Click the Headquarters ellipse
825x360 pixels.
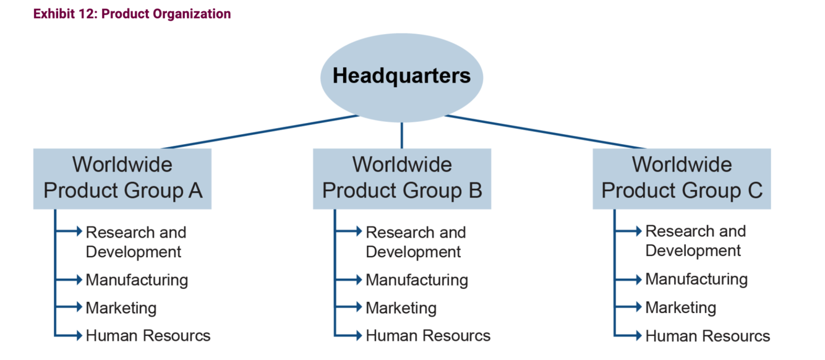[x=401, y=76]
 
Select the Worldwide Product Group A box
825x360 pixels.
[x=122, y=178]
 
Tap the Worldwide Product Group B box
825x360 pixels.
[x=402, y=178]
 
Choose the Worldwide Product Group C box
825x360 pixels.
[x=682, y=178]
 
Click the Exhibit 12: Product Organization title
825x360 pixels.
[x=132, y=14]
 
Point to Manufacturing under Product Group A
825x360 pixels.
[x=137, y=280]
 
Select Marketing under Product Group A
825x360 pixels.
[x=121, y=308]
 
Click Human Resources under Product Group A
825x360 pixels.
[x=148, y=336]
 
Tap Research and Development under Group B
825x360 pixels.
[x=416, y=242]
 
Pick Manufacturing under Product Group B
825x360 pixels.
[x=417, y=280]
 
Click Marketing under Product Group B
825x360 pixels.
[x=401, y=308]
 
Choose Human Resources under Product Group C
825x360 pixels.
[x=707, y=336]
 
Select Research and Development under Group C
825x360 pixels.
[x=695, y=241]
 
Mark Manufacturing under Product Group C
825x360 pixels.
[x=696, y=279]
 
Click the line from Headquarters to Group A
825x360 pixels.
[x=260, y=132]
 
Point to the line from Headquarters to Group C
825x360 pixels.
[x=544, y=132]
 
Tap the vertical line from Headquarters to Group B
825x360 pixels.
[x=402, y=135]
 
